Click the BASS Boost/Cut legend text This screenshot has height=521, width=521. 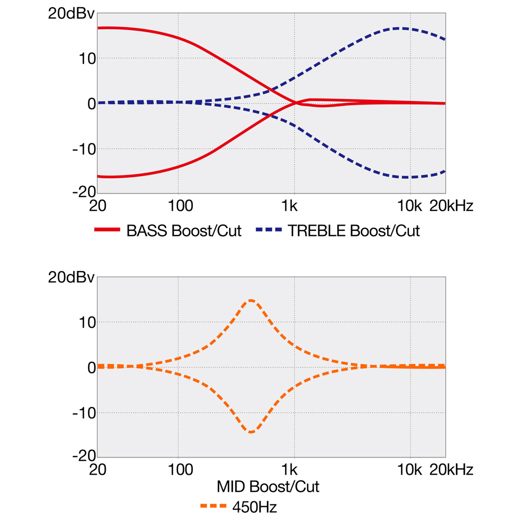pos(184,231)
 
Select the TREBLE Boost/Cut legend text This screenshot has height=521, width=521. pos(354,231)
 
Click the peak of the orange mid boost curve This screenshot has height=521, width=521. pos(251,300)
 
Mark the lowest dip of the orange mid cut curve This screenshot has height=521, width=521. pos(251,432)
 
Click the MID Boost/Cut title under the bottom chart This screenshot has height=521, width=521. pos(268,487)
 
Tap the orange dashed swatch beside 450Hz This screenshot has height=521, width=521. pos(213,506)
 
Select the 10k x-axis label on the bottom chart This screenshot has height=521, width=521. pos(410,470)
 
